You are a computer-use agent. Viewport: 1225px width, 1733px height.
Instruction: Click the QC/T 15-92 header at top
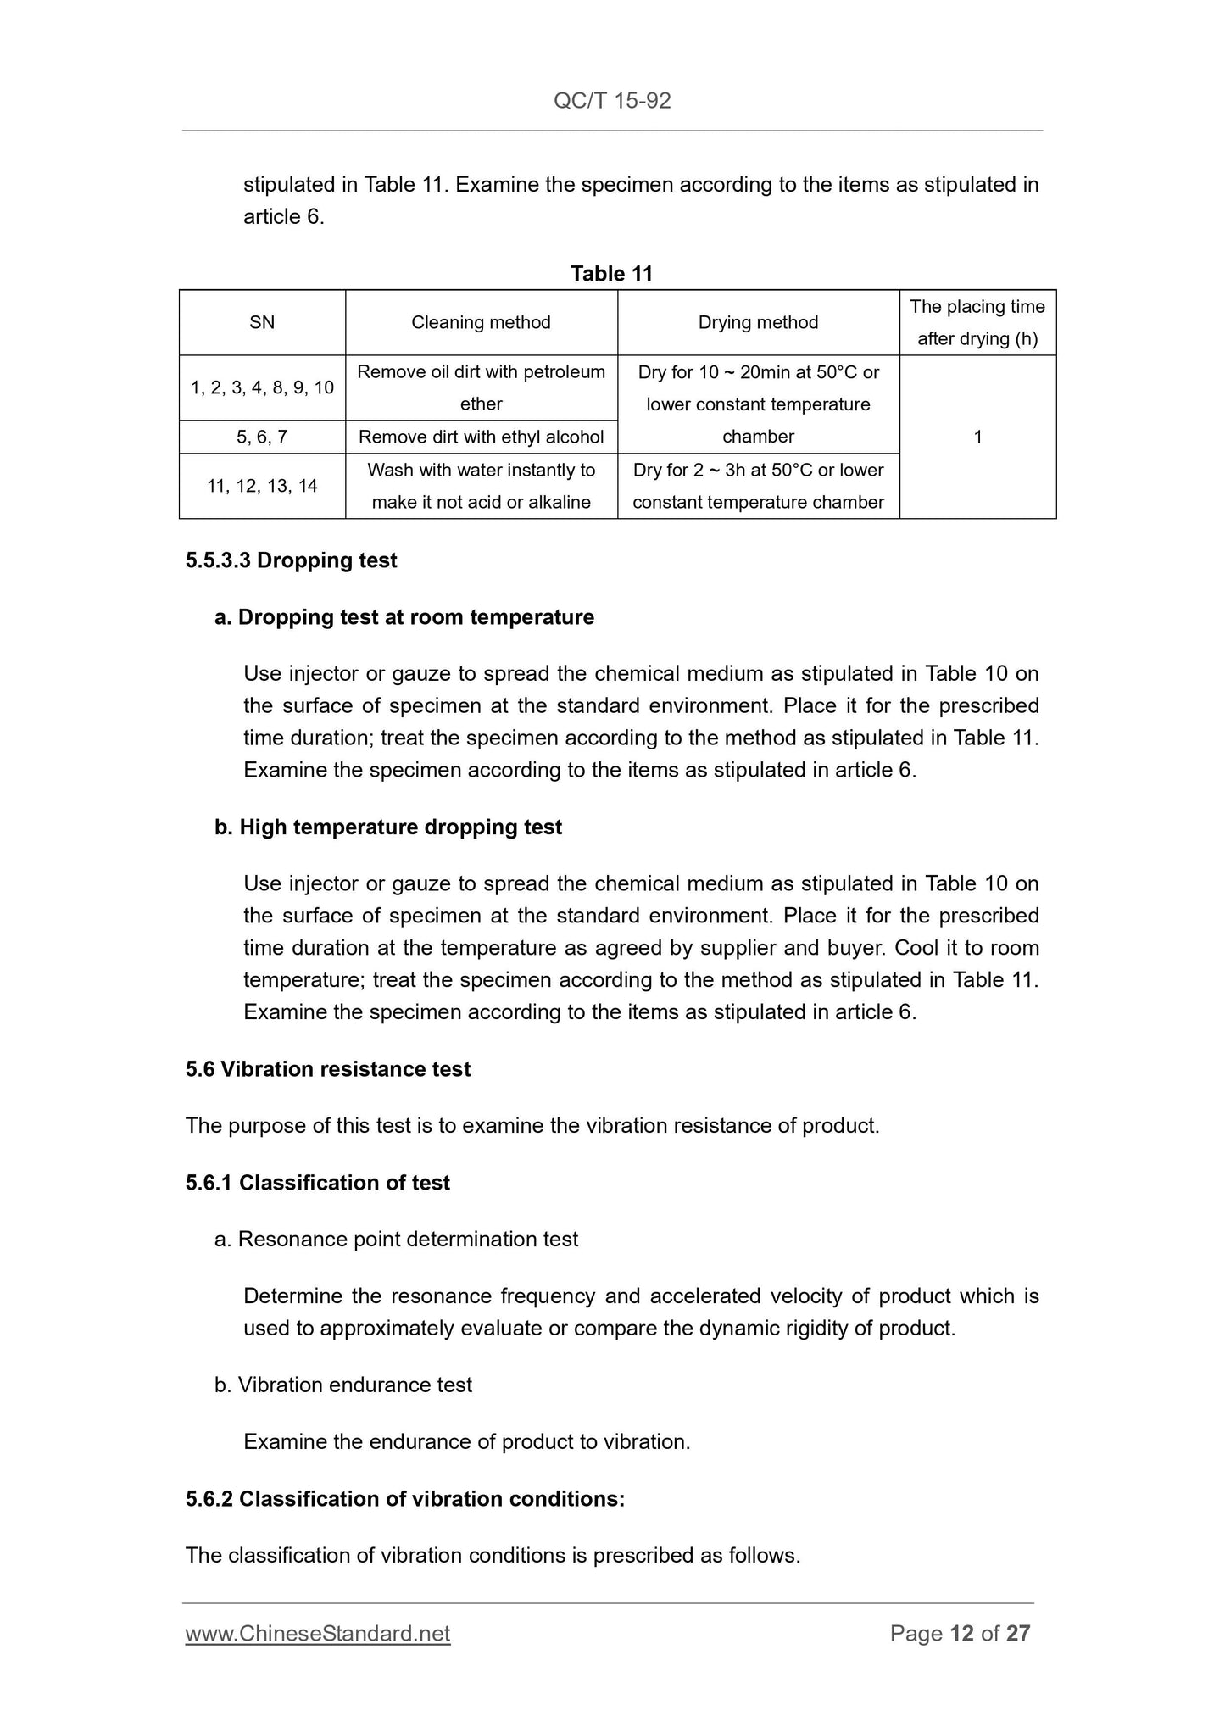612,101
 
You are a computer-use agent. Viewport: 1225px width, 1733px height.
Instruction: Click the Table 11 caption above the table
611,273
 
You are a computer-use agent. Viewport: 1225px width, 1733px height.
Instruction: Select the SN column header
262,322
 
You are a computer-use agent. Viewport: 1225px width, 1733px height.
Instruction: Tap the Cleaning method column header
481,322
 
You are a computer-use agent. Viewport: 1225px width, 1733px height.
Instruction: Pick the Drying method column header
758,322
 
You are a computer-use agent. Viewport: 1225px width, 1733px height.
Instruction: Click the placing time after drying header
977,322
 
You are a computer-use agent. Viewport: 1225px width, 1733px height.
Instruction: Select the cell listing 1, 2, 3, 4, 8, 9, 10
262,387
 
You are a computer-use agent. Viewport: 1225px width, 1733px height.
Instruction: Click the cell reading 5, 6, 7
262,437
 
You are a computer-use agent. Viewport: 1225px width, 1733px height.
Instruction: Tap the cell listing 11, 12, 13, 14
262,486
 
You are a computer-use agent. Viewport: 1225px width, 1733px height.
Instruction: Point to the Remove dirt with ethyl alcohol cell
481,437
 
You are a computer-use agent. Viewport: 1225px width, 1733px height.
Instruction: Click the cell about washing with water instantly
481,486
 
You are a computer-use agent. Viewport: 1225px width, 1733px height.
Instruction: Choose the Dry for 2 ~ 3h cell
758,486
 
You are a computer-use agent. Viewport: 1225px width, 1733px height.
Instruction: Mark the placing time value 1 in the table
977,437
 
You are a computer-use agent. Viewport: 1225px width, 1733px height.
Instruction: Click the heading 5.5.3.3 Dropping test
291,560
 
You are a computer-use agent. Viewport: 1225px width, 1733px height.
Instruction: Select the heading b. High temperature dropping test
388,827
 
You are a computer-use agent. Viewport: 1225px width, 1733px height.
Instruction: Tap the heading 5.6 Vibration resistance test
328,1069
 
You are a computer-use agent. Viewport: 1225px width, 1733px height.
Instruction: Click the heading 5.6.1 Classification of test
318,1183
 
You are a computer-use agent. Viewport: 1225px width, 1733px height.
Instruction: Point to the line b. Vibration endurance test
343,1385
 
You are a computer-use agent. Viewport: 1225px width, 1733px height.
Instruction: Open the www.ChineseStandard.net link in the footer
318,1634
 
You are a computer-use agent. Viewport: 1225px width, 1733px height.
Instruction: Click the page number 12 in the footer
961,1634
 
